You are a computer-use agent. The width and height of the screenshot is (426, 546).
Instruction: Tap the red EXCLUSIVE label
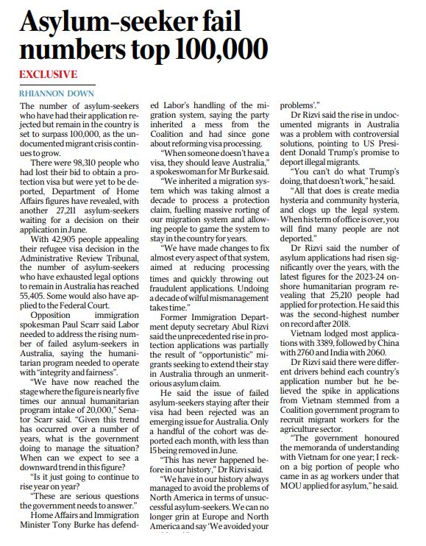(48, 75)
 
